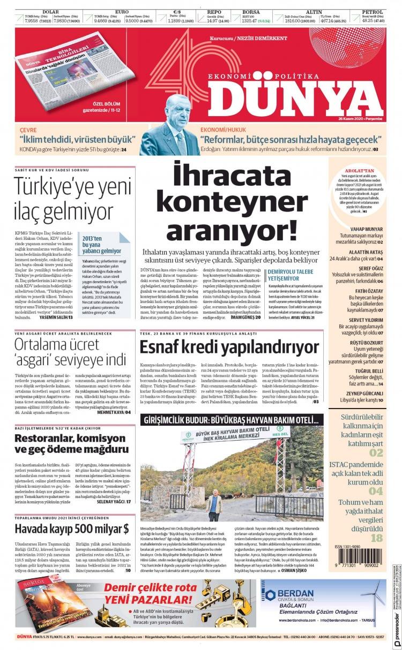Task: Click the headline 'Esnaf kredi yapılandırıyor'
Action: [229, 347]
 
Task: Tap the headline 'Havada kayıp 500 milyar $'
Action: [71, 529]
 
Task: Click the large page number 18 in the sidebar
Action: [377, 538]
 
